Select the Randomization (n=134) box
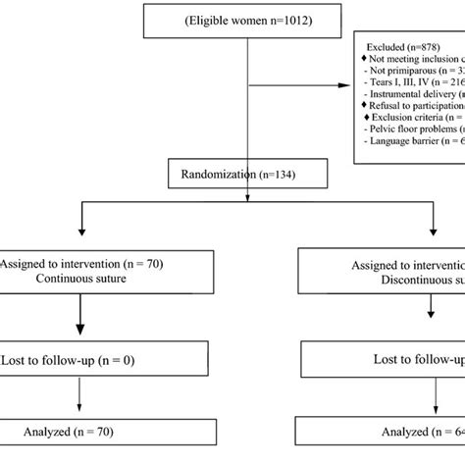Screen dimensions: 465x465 point(246,176)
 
